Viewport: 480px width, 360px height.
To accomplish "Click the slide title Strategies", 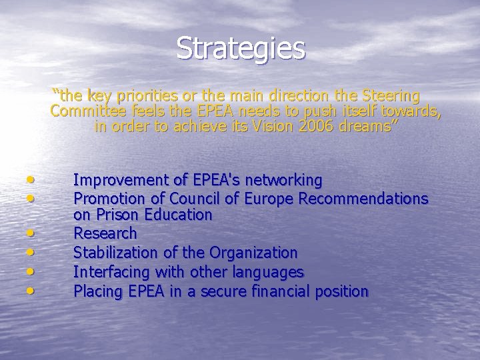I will coord(241,48).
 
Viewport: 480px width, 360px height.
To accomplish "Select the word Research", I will coord(105,233).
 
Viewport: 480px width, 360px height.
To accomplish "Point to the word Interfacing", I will coord(112,272).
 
